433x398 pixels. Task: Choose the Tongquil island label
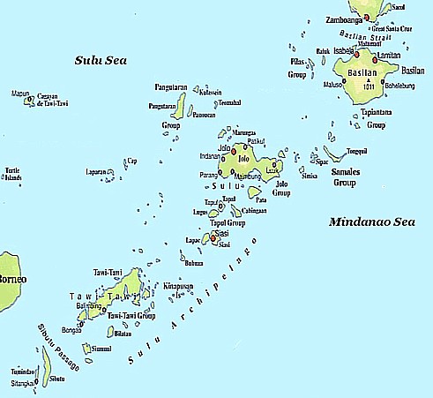(356, 151)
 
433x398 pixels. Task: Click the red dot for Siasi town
(212, 237)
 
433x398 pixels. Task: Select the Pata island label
(260, 200)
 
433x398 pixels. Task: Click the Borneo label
(11, 279)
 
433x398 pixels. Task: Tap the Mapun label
(19, 93)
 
